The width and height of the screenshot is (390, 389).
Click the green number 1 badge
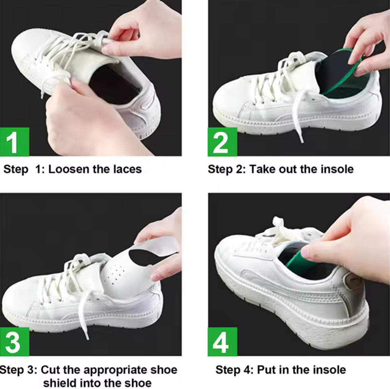point(14,142)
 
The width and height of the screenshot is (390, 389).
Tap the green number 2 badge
point(222,142)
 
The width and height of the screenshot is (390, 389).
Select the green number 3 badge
point(14,341)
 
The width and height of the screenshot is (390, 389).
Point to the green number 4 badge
point(222,341)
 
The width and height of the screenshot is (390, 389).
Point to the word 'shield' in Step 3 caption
point(61,383)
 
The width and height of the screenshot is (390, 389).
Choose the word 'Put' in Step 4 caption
point(267,370)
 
